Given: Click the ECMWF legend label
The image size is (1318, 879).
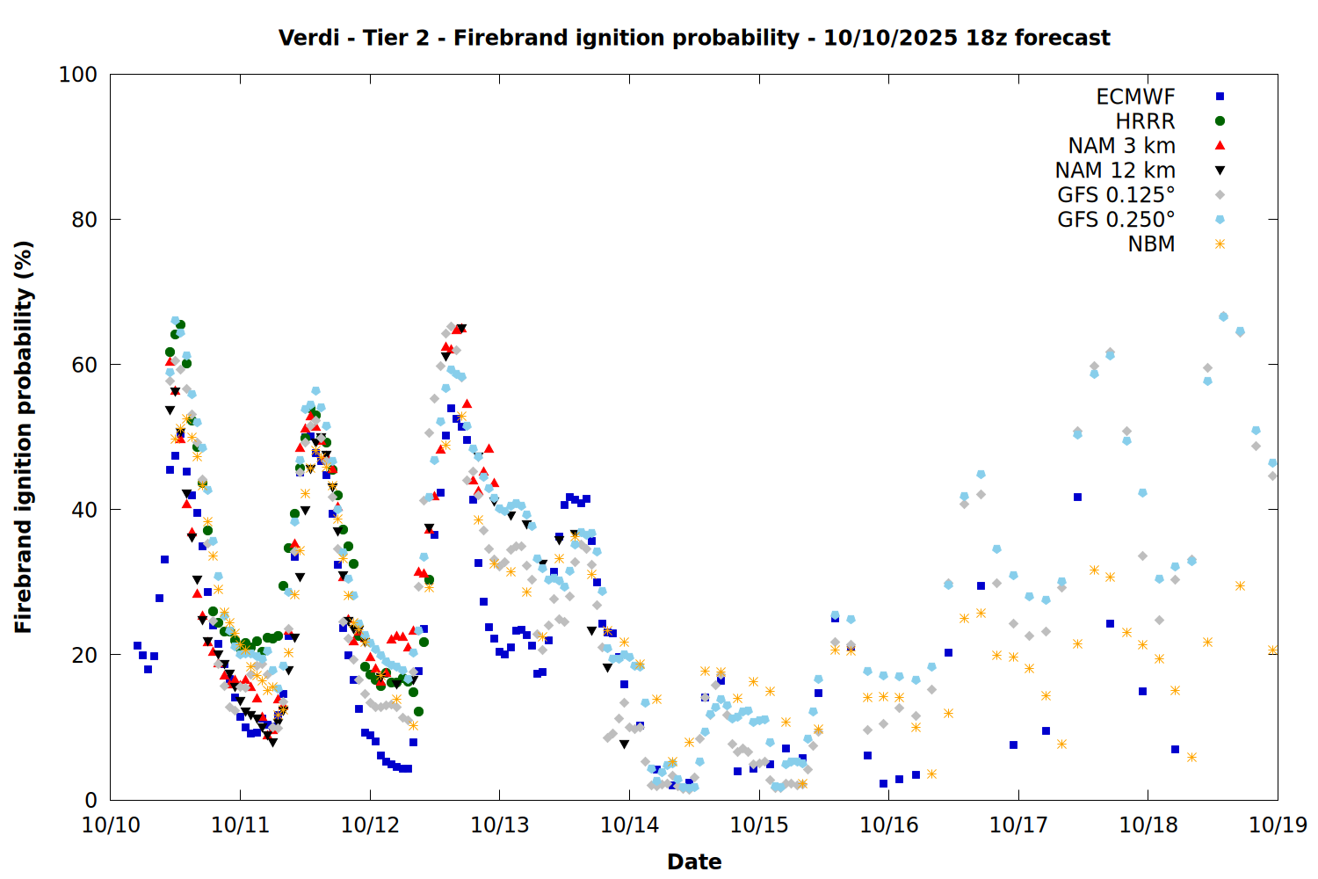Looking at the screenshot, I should coord(1135,97).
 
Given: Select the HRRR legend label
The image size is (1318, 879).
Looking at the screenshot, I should coord(1145,121).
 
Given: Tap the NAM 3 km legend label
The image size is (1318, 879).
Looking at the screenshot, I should coord(1121,146).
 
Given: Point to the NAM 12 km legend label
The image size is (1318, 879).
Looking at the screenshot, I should coord(1115,171).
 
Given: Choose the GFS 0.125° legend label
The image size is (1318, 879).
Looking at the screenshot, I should coord(1116,195).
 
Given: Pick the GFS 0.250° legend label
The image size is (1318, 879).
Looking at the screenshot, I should coord(1116,220).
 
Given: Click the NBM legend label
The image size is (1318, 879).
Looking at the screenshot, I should coord(1151,244).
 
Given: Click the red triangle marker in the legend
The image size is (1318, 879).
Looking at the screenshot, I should coord(1220,146).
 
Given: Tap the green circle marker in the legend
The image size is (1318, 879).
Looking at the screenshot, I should coord(1220,121).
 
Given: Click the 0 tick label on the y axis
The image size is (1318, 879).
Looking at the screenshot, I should coord(91,800).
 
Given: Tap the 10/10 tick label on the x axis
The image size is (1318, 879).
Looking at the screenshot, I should coord(111,825).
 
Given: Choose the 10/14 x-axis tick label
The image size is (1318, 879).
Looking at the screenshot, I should coord(629,825).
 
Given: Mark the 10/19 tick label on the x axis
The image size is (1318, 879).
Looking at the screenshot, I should coord(1278,825).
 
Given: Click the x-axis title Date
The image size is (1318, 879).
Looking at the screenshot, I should coord(694,862).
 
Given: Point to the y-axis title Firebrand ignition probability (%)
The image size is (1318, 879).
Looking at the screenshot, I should coord(24,437).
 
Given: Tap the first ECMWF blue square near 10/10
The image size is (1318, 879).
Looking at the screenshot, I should coord(137,646).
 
